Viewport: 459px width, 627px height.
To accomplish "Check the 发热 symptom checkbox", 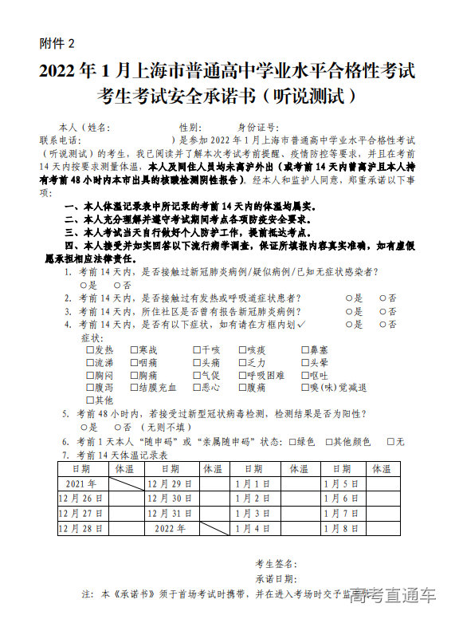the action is [89, 350].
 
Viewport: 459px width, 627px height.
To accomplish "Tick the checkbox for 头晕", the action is [304, 362].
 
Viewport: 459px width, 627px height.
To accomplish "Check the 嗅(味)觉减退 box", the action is [304, 388].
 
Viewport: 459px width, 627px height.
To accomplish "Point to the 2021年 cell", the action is [81, 483].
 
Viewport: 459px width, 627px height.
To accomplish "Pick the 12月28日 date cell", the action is [81, 528].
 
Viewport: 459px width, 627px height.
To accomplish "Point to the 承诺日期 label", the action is [277, 578].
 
